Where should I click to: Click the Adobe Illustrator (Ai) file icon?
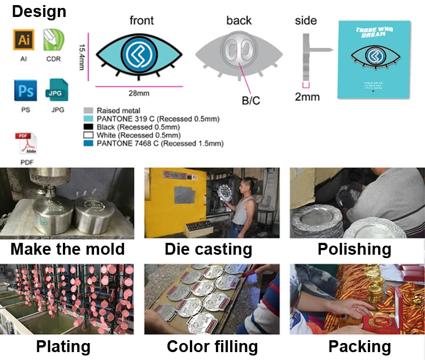[x=24, y=40]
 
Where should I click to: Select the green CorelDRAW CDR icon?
[x=53, y=39]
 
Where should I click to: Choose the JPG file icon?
[x=57, y=91]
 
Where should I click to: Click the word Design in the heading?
[x=39, y=11]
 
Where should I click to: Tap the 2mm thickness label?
[x=307, y=97]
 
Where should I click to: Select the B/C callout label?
[x=251, y=101]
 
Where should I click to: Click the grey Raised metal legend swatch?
[x=88, y=110]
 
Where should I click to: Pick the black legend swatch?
[x=88, y=127]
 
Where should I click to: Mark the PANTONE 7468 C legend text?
[x=160, y=144]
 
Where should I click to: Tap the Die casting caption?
[x=208, y=249]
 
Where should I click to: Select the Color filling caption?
[x=212, y=346]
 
